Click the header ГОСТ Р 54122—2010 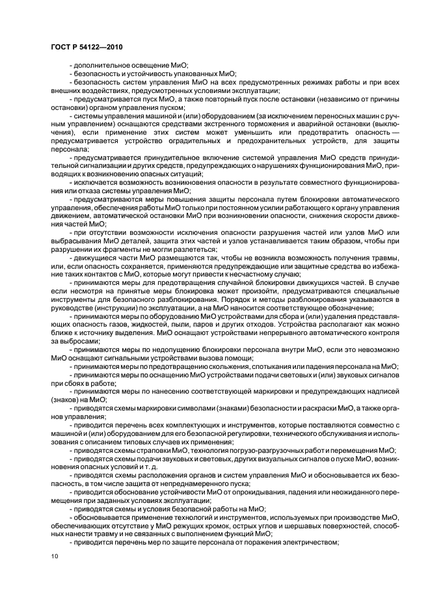tap(87, 47)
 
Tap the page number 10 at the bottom tap(55, 556)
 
